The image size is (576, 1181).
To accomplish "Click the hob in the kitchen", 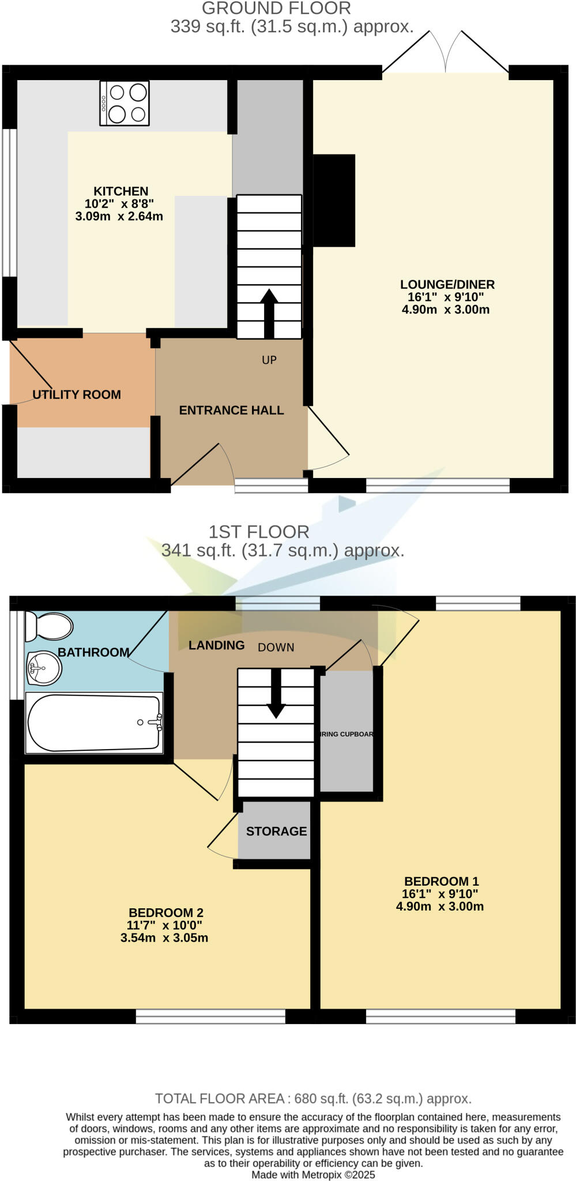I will tap(125, 103).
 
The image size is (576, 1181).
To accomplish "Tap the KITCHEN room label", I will tap(121, 191).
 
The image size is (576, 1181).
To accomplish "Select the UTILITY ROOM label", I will tap(77, 395).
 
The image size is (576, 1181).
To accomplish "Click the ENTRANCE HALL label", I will tap(231, 411).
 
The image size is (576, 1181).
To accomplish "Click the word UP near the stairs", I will tap(269, 360).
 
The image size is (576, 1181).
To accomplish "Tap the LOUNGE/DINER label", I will tap(447, 284).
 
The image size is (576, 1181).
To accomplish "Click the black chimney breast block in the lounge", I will tap(334, 200).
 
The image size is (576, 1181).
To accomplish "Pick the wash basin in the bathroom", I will tap(44, 668).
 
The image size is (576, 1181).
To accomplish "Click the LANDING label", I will tap(217, 645).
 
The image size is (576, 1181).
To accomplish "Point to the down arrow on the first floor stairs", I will tap(276, 694).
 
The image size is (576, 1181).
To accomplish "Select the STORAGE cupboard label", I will tap(276, 832).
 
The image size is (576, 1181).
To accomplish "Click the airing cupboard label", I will tap(347, 734).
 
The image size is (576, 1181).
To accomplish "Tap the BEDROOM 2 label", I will tap(165, 913).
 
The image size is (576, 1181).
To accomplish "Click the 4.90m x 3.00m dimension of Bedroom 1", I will tap(440, 907).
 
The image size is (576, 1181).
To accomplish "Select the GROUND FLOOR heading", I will tap(276, 9).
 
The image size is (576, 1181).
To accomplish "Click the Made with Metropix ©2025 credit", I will tap(313, 1175).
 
